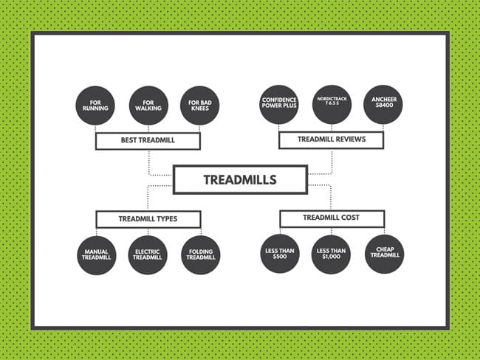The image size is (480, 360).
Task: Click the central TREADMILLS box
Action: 239,179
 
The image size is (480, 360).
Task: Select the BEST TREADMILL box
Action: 148,139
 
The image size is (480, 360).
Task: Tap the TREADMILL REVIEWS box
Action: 331,139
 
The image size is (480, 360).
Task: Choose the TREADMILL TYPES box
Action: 148,219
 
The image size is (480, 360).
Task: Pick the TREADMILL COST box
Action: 332,218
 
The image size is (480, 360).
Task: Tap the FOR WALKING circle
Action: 148,106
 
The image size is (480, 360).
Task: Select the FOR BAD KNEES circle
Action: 200,106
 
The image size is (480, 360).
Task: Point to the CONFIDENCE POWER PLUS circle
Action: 279,106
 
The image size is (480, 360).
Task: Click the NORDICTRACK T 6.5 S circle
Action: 332,106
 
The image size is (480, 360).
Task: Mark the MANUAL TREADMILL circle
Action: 96,255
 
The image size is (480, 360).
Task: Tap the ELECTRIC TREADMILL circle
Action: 148,255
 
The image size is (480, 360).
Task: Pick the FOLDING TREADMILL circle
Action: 200,255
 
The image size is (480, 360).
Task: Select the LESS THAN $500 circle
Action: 279,255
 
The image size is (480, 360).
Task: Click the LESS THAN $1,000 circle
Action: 332,255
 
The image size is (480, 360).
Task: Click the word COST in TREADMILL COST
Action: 350,218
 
